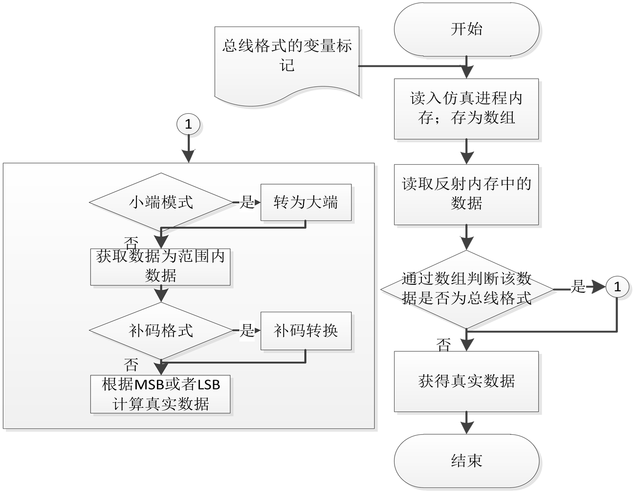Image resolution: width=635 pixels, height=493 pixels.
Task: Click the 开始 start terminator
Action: (x=467, y=29)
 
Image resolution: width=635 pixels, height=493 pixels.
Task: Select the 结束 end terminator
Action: (x=467, y=460)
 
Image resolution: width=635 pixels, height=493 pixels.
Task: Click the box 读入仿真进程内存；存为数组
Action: (x=467, y=108)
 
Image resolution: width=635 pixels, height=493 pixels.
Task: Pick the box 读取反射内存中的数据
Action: (x=467, y=193)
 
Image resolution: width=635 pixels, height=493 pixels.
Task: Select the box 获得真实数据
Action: (x=467, y=381)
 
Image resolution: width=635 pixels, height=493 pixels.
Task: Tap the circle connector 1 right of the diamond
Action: (x=617, y=286)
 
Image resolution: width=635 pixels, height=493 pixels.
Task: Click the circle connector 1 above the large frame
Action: (x=188, y=125)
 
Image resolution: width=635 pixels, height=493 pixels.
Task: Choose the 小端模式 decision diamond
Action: (x=161, y=202)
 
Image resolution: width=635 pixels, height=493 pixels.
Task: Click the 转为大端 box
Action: (x=306, y=202)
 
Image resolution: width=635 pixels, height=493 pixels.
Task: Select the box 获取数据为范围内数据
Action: (x=160, y=266)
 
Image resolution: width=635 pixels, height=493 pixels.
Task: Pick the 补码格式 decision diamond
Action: (x=161, y=331)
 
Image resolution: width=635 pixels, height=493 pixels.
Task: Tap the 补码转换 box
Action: (x=306, y=331)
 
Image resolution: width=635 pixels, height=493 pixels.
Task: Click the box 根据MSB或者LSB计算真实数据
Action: (x=160, y=394)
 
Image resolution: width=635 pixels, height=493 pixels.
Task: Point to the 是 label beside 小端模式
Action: (x=247, y=202)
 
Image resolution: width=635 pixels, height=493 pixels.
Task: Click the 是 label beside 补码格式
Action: (x=247, y=331)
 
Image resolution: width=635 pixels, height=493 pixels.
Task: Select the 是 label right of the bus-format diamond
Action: (x=578, y=286)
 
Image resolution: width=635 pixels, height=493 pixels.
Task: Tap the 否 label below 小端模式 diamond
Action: (x=131, y=242)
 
